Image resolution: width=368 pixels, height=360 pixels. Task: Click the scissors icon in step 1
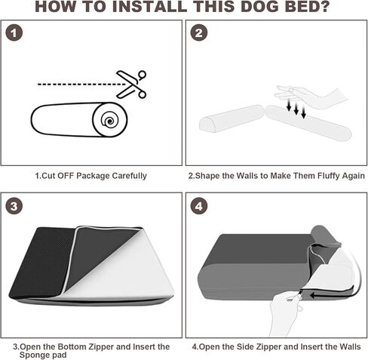(x=131, y=83)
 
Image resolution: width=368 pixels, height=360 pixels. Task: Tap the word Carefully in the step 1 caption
(x=123, y=176)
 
